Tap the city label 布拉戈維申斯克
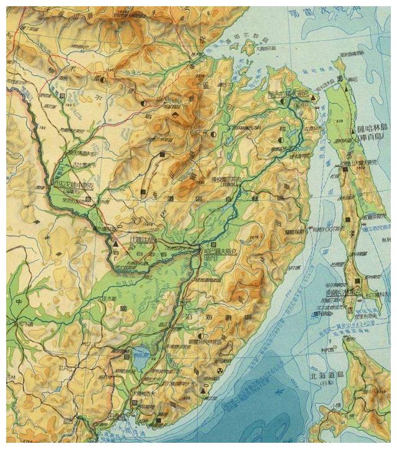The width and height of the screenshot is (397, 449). point(72,184)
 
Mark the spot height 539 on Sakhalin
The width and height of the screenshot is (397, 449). point(339,120)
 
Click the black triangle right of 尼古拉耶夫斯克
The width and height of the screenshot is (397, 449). point(313,99)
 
